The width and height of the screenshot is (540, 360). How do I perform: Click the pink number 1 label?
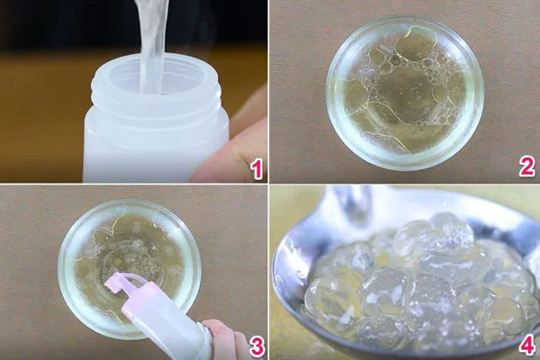tap(257, 167)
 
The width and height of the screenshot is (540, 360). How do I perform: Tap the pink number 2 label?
tap(526, 166)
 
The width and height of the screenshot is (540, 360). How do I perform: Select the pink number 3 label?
tap(256, 346)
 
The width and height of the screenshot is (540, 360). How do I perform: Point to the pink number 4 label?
tap(526, 346)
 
